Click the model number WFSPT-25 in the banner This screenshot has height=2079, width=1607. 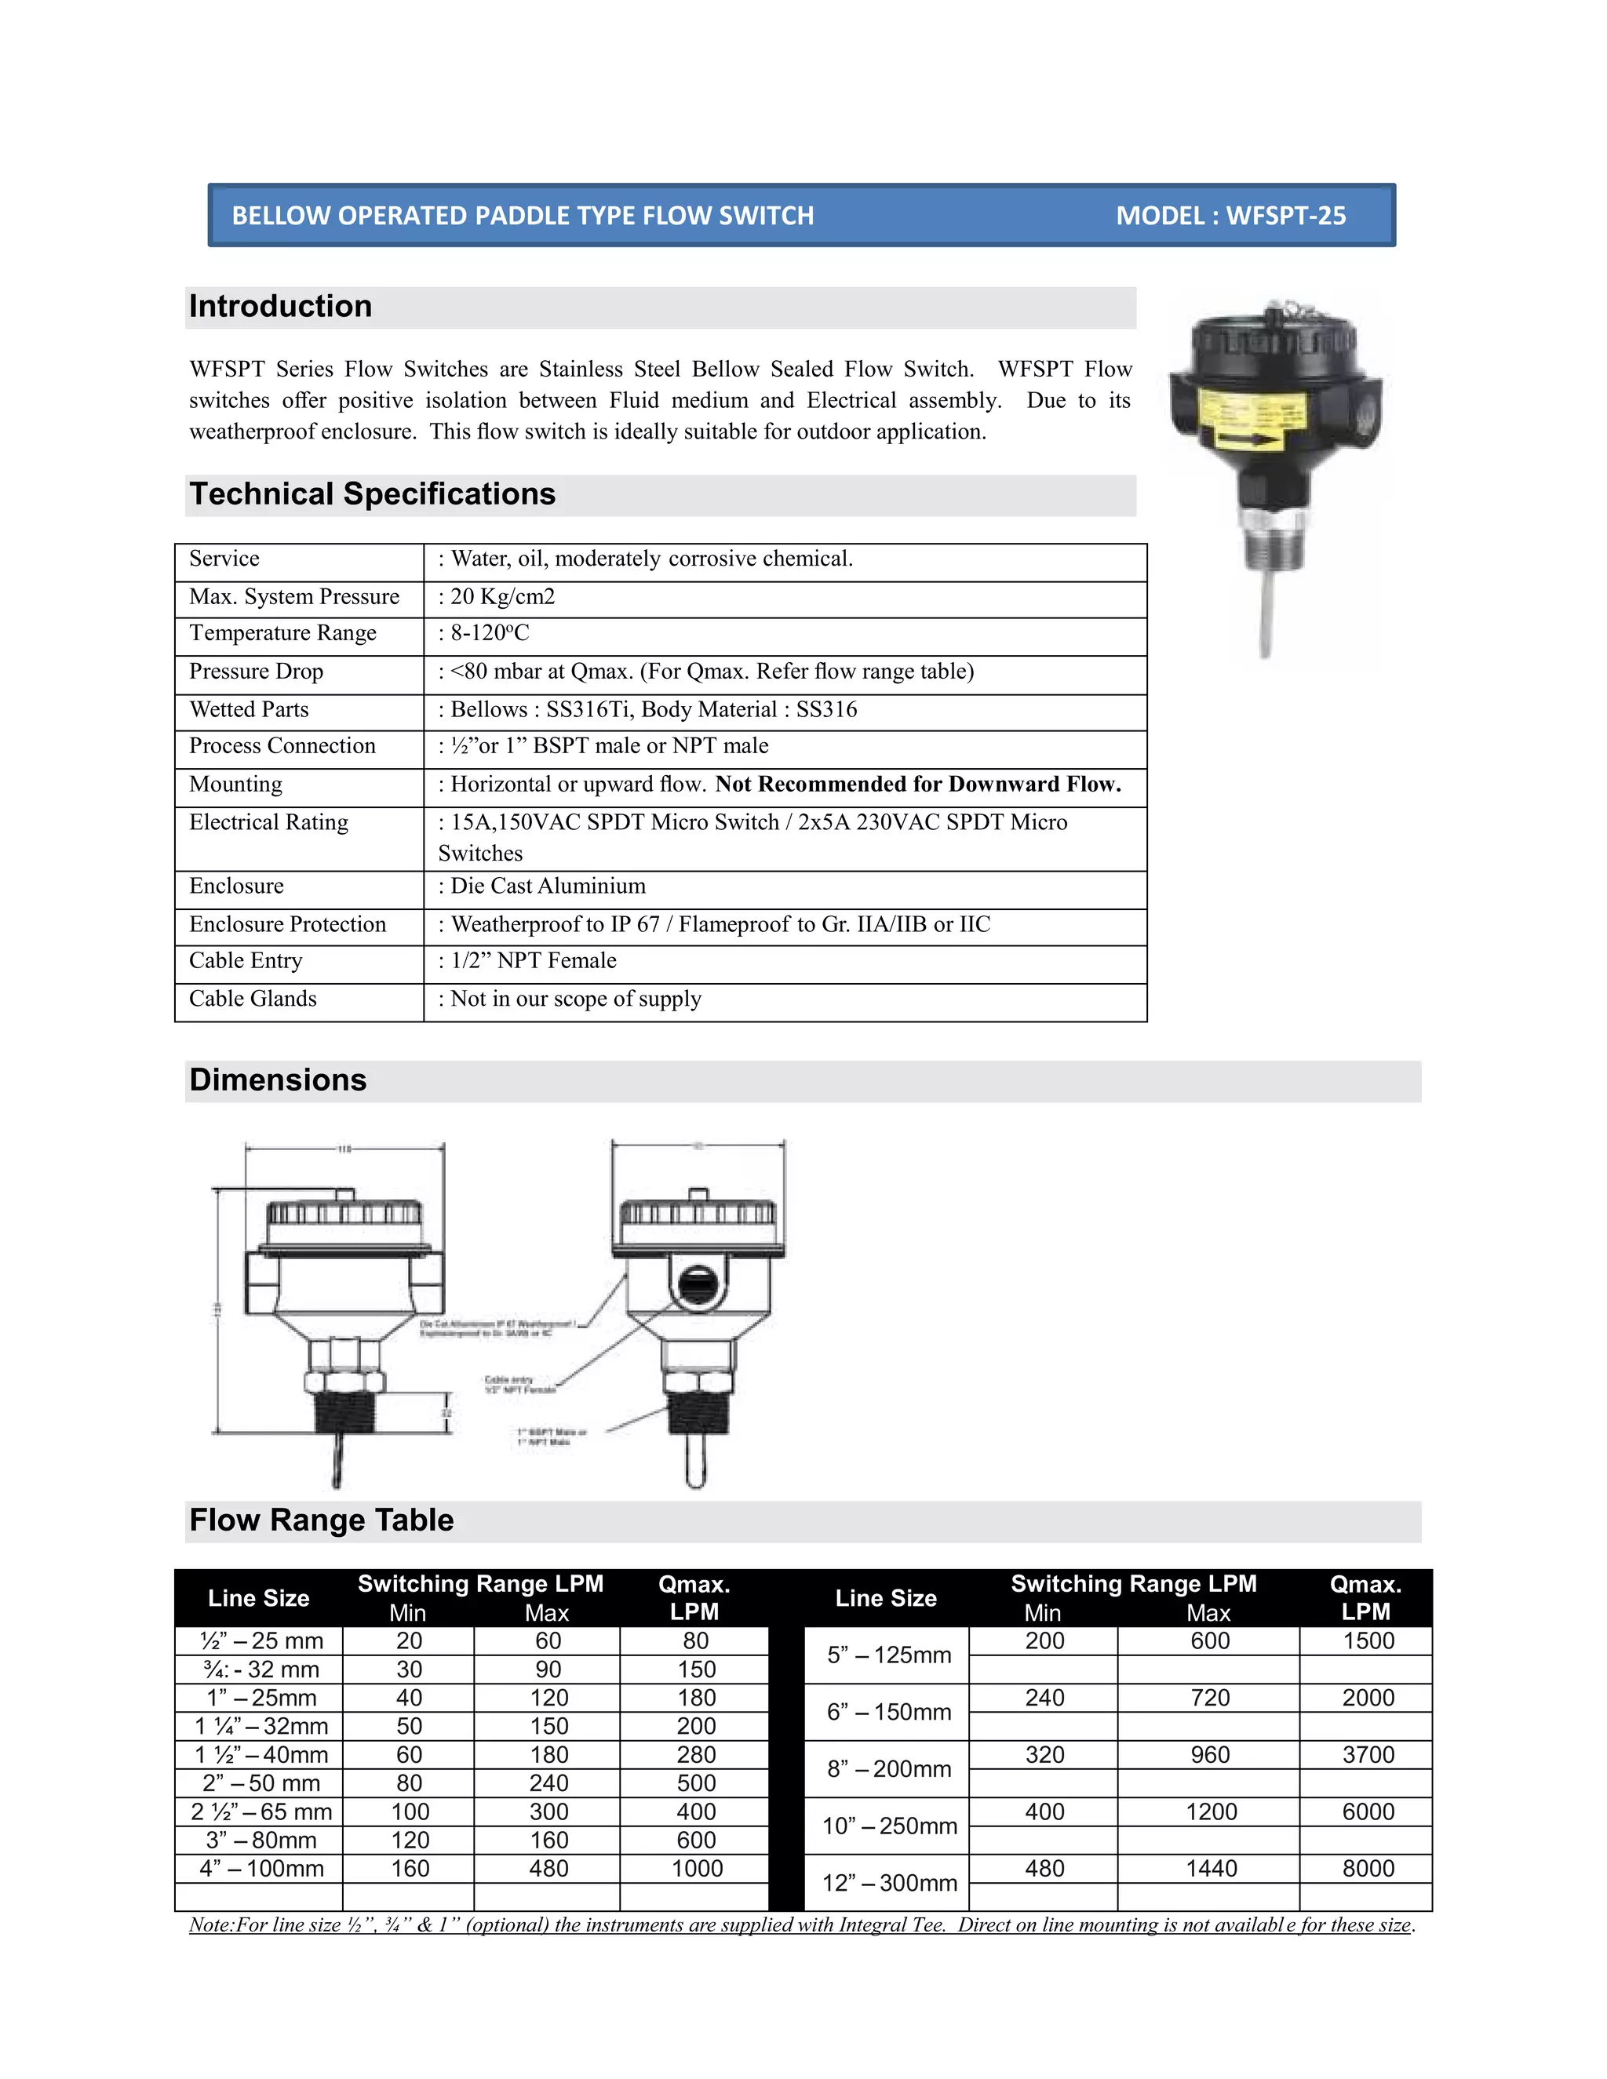click(x=1285, y=216)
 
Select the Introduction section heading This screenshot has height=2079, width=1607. click(x=281, y=307)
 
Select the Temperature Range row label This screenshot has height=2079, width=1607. click(x=282, y=633)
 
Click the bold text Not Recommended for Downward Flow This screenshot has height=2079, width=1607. click(x=918, y=785)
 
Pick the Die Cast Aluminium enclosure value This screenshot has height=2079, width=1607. click(x=548, y=887)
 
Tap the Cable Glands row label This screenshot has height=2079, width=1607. click(x=253, y=999)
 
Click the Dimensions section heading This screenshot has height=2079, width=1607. click(x=278, y=1080)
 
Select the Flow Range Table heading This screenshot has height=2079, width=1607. click(x=322, y=1520)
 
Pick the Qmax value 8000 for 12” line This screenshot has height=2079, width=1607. click(x=1368, y=1869)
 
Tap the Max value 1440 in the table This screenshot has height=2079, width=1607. click(x=1211, y=1869)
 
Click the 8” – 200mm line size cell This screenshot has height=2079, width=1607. click(x=889, y=1768)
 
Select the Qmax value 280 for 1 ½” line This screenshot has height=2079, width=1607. click(x=696, y=1754)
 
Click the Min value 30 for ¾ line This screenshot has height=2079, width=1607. click(x=410, y=1669)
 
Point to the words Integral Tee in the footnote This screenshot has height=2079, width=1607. click(x=891, y=1924)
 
